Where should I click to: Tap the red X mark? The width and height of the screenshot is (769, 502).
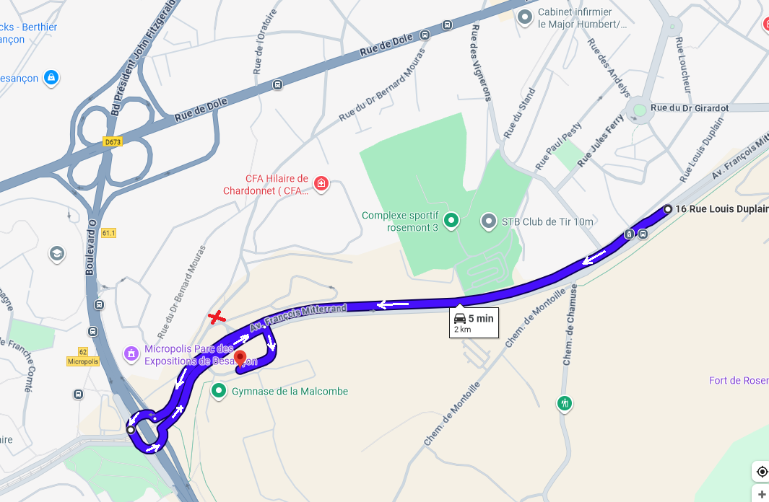215,317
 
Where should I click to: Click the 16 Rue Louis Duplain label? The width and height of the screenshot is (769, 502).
721,209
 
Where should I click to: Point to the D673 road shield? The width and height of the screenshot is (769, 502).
113,142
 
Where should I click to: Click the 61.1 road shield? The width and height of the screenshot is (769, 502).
109,233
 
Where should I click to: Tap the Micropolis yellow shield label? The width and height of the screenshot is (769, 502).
82,361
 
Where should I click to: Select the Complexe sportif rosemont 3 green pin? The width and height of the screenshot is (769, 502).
451,221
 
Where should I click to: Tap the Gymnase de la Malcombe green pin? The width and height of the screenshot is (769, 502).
219,391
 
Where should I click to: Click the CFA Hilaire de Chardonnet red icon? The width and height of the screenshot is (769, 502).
321,184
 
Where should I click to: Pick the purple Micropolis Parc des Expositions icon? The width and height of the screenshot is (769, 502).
131,353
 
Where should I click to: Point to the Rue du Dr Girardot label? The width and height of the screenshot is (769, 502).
689,108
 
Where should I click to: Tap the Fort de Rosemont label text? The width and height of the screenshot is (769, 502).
738,380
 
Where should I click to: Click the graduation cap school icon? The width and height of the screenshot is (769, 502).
56,254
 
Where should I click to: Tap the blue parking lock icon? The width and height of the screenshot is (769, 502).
51,78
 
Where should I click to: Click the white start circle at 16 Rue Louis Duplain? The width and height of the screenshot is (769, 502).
668,209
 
